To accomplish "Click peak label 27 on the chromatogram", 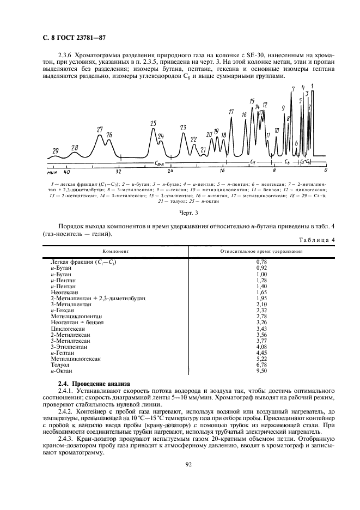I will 100,130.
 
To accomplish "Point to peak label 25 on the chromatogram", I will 153,123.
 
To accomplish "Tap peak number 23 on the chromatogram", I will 183,127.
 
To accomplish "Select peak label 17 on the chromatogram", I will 231,112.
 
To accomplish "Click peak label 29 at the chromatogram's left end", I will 55,150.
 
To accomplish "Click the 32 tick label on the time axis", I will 118,171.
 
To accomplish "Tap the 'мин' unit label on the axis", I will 52,171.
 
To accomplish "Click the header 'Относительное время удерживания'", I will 262,252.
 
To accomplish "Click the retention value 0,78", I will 262,262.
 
